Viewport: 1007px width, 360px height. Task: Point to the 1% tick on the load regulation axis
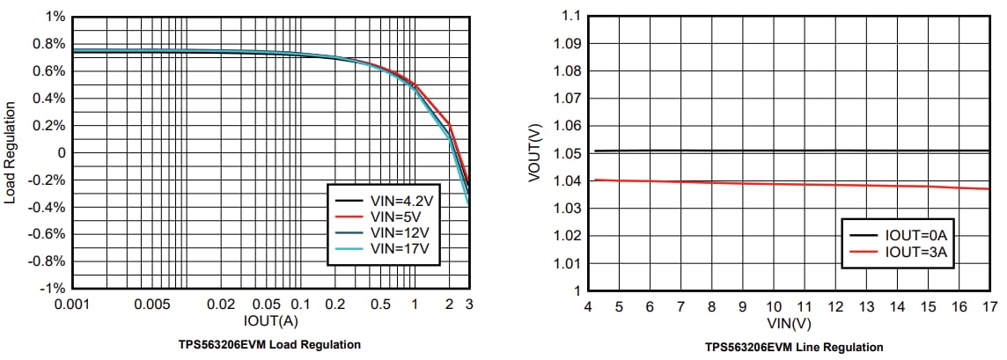[55, 17]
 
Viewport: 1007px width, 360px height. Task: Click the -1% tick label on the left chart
[51, 289]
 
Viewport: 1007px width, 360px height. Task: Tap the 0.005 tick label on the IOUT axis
[152, 304]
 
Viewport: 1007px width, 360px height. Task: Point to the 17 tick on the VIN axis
[989, 306]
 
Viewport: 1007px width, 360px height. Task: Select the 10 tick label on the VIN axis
[773, 306]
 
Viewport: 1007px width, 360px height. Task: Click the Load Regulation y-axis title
[11, 152]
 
